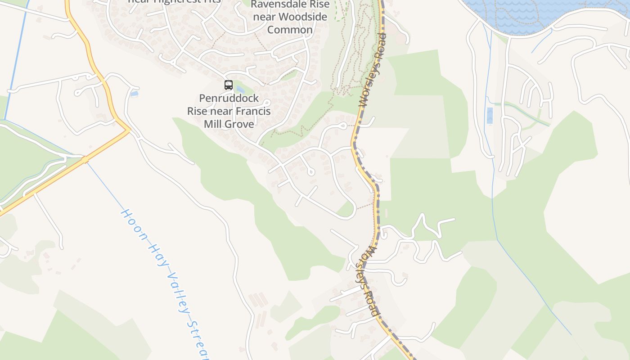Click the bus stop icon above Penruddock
(229, 85)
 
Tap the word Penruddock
(229, 98)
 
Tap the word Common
(290, 30)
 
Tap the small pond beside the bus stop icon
(240, 89)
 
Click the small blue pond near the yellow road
(134, 94)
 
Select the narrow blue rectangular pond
(490, 116)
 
